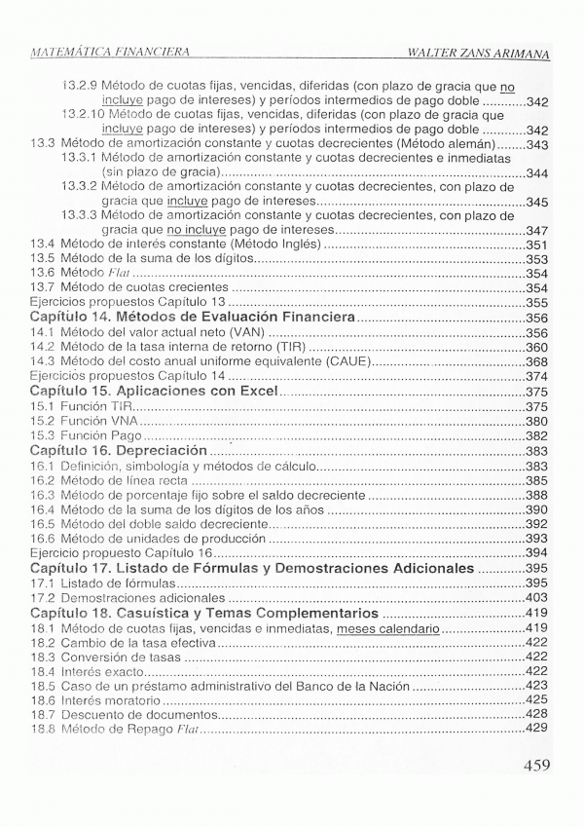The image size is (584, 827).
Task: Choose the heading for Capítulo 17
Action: (x=252, y=567)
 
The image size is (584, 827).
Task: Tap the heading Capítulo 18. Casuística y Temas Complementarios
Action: (x=204, y=615)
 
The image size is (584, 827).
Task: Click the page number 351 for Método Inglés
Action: (x=537, y=244)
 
